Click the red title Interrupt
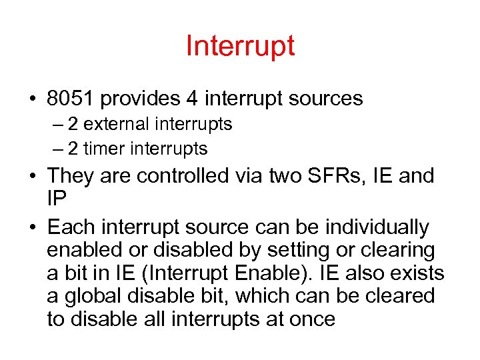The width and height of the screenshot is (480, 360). (240, 47)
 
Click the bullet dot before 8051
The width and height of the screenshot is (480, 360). (32, 99)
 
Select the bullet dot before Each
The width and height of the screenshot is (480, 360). (32, 228)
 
